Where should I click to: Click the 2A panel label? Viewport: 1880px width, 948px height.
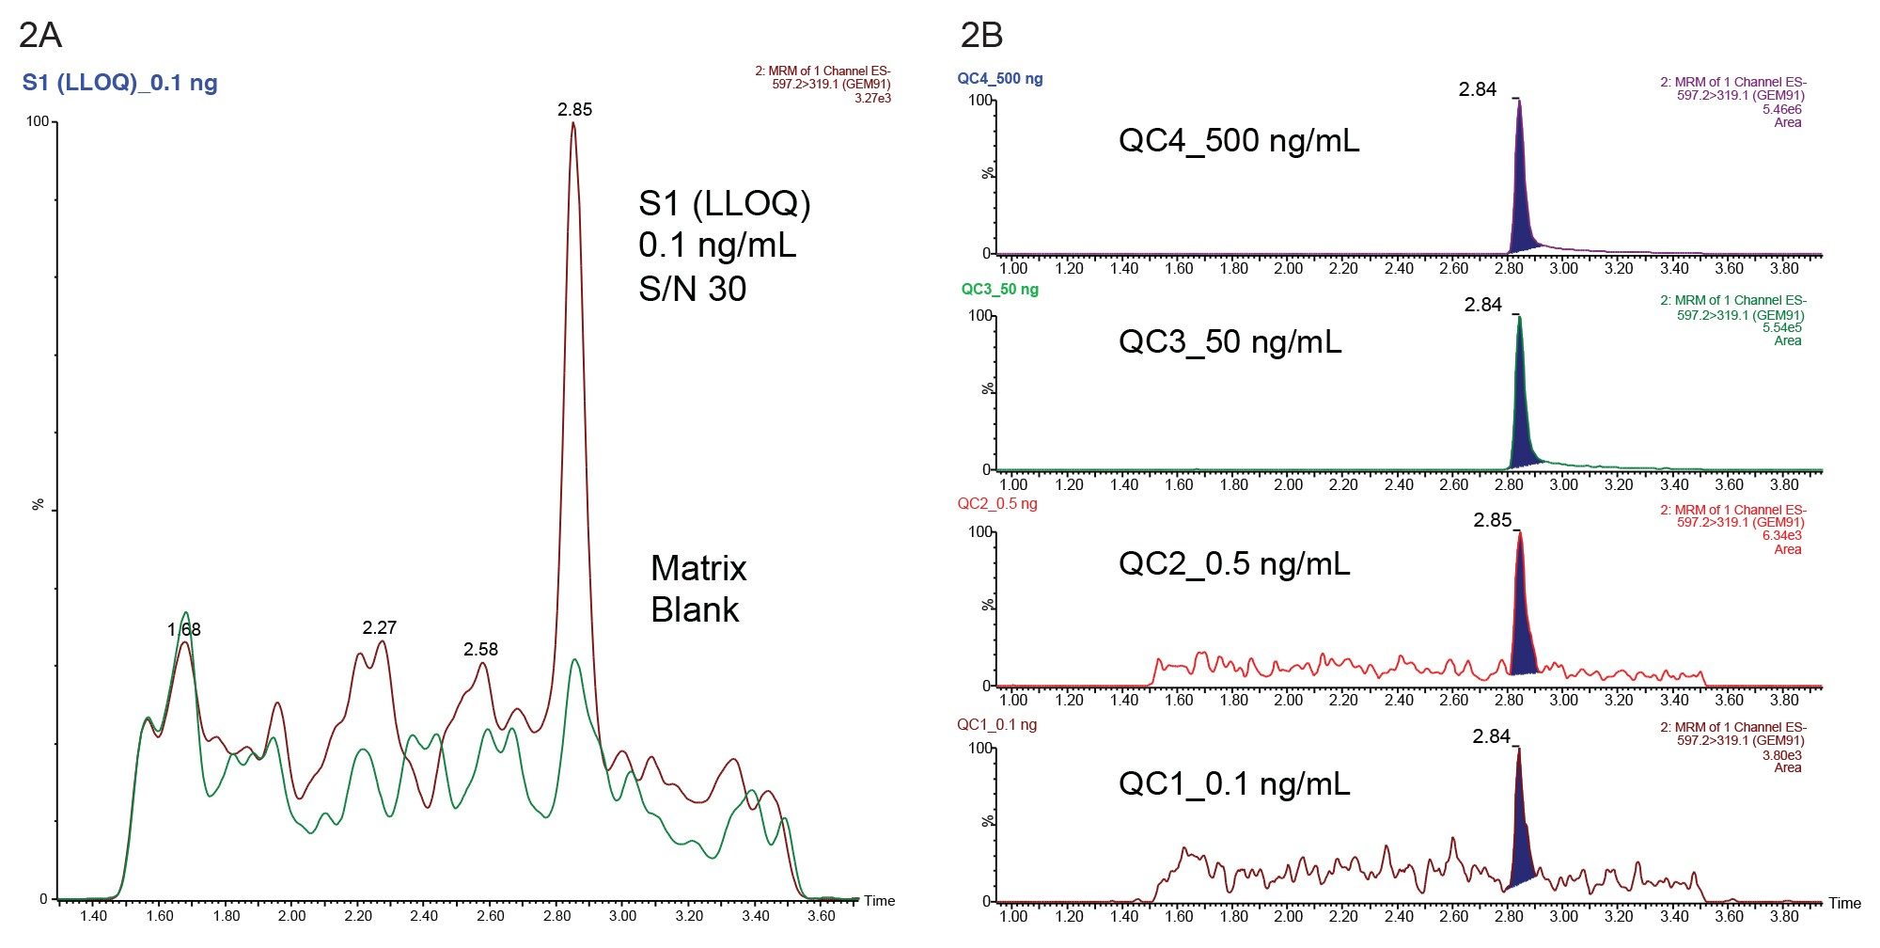click(40, 35)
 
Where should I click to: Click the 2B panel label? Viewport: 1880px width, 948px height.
click(981, 35)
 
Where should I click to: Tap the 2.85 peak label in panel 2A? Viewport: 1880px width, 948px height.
click(574, 109)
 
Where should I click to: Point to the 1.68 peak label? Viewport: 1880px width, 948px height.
click(184, 629)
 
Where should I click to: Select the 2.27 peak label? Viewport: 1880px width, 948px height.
click(380, 627)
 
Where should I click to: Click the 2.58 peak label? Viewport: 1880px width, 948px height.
click(480, 649)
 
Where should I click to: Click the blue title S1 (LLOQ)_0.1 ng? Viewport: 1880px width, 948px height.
click(119, 83)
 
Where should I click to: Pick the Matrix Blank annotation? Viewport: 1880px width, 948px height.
click(697, 589)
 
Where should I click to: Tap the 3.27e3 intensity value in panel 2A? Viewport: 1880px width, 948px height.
click(872, 98)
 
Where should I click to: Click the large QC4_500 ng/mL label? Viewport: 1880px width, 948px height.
click(1238, 141)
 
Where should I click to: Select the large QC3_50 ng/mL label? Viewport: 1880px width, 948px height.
click(1230, 341)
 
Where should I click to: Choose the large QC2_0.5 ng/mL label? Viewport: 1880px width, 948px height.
click(1233, 563)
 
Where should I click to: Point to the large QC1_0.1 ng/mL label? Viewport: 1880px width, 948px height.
click(1233, 783)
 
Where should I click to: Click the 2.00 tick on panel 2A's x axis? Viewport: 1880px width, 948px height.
click(292, 916)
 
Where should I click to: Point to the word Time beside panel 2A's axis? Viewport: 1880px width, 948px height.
click(879, 901)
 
